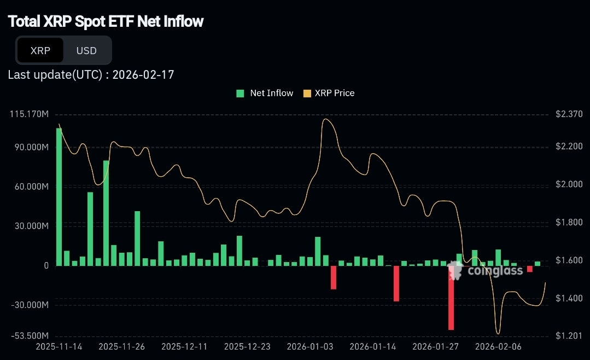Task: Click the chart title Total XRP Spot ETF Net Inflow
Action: [x=106, y=21]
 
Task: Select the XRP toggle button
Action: [x=40, y=50]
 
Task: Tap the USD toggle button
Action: [x=86, y=50]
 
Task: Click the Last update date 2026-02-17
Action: [x=143, y=74]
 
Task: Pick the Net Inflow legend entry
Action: [x=265, y=93]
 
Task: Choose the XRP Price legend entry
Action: [x=329, y=93]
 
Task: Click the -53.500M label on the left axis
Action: [x=30, y=335]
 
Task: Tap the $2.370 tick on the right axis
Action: [x=569, y=114]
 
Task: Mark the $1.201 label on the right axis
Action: [x=569, y=335]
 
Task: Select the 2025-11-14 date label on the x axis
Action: [x=59, y=346]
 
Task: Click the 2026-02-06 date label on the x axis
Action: [x=498, y=346]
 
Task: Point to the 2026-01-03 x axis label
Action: [x=310, y=346]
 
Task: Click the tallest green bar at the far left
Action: [x=59, y=196]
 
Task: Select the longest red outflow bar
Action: [x=451, y=298]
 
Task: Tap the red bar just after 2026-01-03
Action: [x=334, y=277]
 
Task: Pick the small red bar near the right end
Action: [x=529, y=269]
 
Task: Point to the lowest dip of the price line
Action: [x=498, y=333]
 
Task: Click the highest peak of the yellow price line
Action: [x=326, y=119]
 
